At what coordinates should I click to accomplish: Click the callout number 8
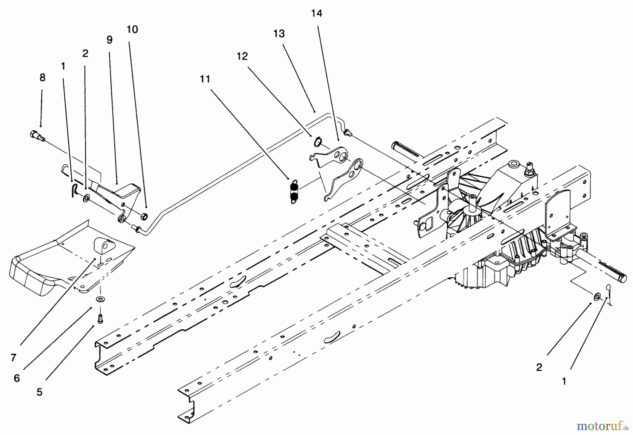[x=43, y=78]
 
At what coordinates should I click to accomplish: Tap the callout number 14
[x=316, y=13]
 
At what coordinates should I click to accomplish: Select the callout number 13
[x=279, y=34]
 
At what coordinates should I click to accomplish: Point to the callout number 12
[x=242, y=56]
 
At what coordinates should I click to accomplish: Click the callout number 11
[x=205, y=79]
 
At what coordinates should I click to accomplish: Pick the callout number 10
[x=132, y=30]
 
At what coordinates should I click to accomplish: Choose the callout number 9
[x=109, y=40]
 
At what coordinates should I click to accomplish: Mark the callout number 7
[x=13, y=358]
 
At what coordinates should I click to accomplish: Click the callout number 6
[x=17, y=378]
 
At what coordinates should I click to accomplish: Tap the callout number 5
[x=39, y=392]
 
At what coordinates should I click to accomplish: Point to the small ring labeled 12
[x=318, y=142]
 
